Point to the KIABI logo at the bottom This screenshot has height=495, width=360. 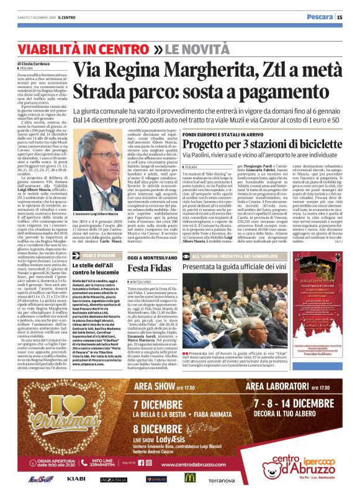(76, 479)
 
